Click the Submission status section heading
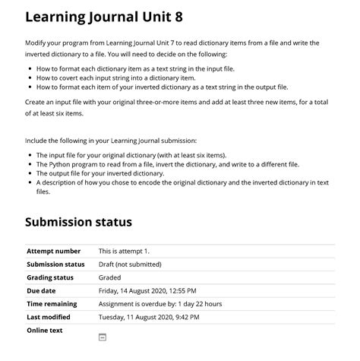pos(78,222)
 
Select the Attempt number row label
pos(53,251)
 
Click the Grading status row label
pos(50,277)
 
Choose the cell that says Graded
pos(110,277)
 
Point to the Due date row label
pos(41,290)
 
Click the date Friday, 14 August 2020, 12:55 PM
pos(147,290)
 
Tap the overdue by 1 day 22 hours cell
pos(160,304)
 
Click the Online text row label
pos(45,331)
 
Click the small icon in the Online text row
pos(103,337)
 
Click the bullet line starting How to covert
pos(115,78)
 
